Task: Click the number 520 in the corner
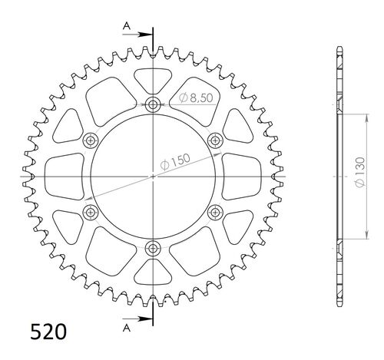(48, 332)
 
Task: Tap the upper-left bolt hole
(91, 140)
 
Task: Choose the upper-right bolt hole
(215, 140)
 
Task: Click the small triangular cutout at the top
(153, 79)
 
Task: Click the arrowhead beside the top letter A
(147, 33)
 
